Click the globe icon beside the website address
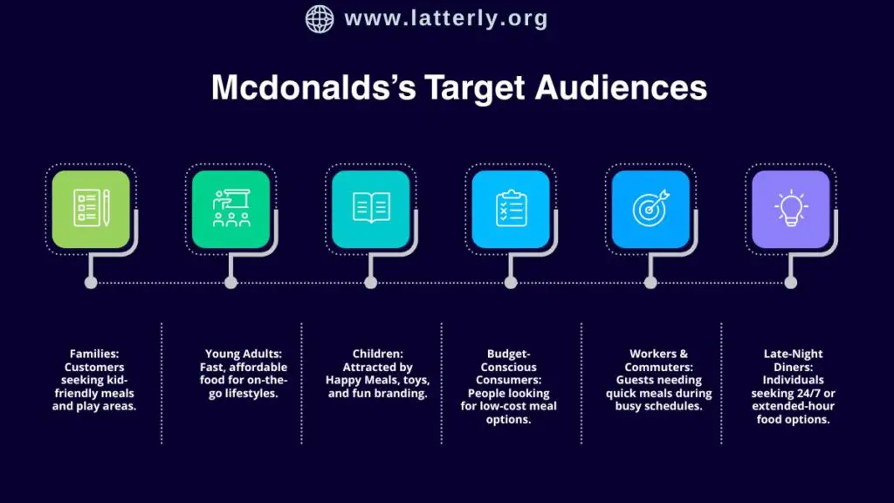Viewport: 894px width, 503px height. pos(320,18)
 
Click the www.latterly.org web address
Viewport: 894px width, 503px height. pos(446,18)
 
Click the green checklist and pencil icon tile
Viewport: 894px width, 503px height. pos(91,210)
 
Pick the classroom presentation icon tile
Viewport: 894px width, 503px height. pos(230,210)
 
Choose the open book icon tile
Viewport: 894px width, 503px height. pos(371,210)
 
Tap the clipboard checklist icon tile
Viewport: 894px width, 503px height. pos(511,210)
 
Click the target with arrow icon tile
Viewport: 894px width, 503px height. pos(650,210)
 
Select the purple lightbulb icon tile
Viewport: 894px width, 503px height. pos(790,210)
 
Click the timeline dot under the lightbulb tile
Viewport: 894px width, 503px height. pos(790,282)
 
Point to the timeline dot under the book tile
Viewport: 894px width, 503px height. pos(371,282)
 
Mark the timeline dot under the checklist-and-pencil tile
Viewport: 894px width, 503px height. pos(91,282)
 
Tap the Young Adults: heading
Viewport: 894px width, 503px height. pos(243,355)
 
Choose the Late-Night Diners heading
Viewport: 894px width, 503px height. pos(793,361)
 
